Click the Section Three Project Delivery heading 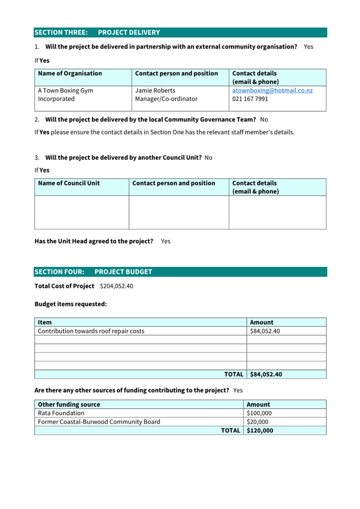pyautogui.click(x=97, y=33)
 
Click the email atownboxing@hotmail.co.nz pyautogui.click(x=272, y=91)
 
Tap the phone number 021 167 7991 pyautogui.click(x=250, y=99)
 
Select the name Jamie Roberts pyautogui.click(x=155, y=91)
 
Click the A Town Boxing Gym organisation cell pyautogui.click(x=65, y=94)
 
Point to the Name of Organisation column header pyautogui.click(x=70, y=74)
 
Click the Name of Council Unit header pyautogui.click(x=69, y=183)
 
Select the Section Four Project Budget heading pyautogui.click(x=93, y=272)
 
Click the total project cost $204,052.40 pyautogui.click(x=116, y=286)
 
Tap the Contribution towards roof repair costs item pyautogui.click(x=91, y=331)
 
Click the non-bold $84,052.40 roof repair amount pyautogui.click(x=265, y=331)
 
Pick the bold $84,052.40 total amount pyautogui.click(x=266, y=374)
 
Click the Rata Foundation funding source pyautogui.click(x=61, y=413)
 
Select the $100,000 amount pyautogui.click(x=259, y=413)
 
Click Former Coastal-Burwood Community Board pyautogui.click(x=99, y=422)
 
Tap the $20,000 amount pyautogui.click(x=258, y=422)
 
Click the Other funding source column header pyautogui.click(x=69, y=405)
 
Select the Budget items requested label pyautogui.click(x=70, y=304)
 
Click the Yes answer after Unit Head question pyautogui.click(x=165, y=241)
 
